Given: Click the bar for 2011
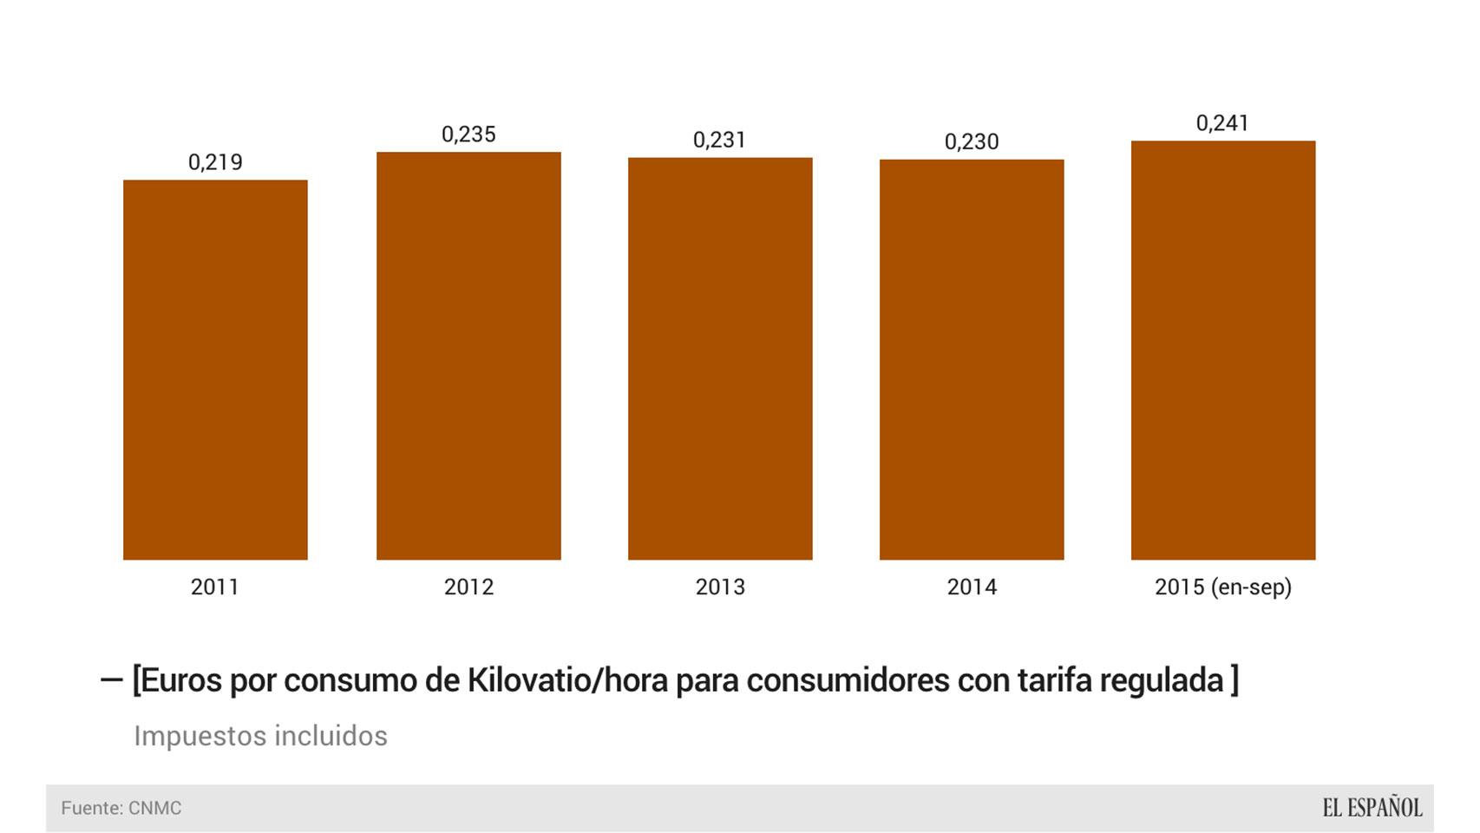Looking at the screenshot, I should click(x=215, y=370).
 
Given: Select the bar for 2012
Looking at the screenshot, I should click(x=468, y=356).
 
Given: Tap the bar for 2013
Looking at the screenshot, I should click(x=720, y=358).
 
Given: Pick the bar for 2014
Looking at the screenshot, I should click(x=972, y=359).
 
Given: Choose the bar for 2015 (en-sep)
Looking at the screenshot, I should click(x=1223, y=350).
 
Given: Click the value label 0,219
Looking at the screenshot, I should click(x=215, y=162).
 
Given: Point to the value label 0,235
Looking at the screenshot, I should click(x=468, y=134).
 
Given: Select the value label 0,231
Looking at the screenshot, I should click(x=720, y=140).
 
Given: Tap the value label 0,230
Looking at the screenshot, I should click(x=972, y=141).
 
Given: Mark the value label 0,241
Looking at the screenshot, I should click(x=1223, y=123).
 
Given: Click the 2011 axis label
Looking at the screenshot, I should click(x=215, y=587).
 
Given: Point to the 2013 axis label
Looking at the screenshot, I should click(x=720, y=587).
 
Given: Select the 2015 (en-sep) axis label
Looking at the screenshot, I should click(x=1223, y=587).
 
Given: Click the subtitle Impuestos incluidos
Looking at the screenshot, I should click(x=260, y=736).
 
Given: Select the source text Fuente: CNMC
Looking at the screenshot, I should click(x=121, y=809).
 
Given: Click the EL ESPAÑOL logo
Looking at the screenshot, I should click(x=1372, y=808).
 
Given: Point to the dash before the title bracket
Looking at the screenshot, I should click(x=111, y=680).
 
